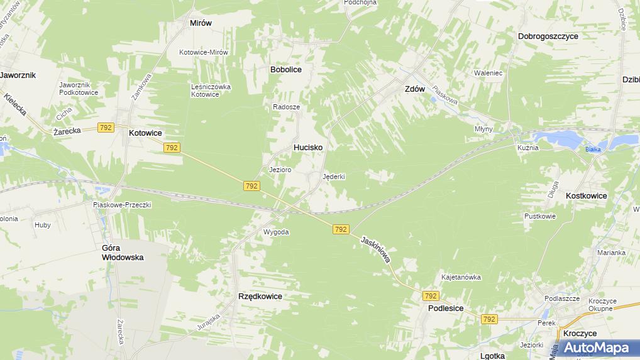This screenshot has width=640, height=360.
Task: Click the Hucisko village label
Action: point(308,147)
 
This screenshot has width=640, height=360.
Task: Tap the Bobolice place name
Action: point(285,70)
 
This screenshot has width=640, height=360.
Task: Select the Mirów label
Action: point(201,23)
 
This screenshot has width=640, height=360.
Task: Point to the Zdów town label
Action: point(414,89)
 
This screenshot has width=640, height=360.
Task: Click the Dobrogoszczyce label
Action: point(548,36)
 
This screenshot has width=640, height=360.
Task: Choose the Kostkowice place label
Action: point(586,196)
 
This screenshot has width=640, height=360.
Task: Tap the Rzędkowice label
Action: point(260,296)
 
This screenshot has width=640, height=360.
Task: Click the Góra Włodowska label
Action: point(123,253)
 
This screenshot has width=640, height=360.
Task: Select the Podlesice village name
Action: point(446,308)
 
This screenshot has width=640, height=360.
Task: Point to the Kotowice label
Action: point(145,133)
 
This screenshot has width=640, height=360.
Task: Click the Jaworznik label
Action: point(18,75)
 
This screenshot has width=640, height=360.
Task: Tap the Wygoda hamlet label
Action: point(276,232)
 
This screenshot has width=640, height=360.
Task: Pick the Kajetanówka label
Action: point(461,277)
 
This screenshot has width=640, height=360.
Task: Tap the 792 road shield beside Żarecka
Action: point(106,128)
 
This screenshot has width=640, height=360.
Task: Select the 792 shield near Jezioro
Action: point(251,186)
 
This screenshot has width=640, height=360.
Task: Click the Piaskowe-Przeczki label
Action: point(122,204)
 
